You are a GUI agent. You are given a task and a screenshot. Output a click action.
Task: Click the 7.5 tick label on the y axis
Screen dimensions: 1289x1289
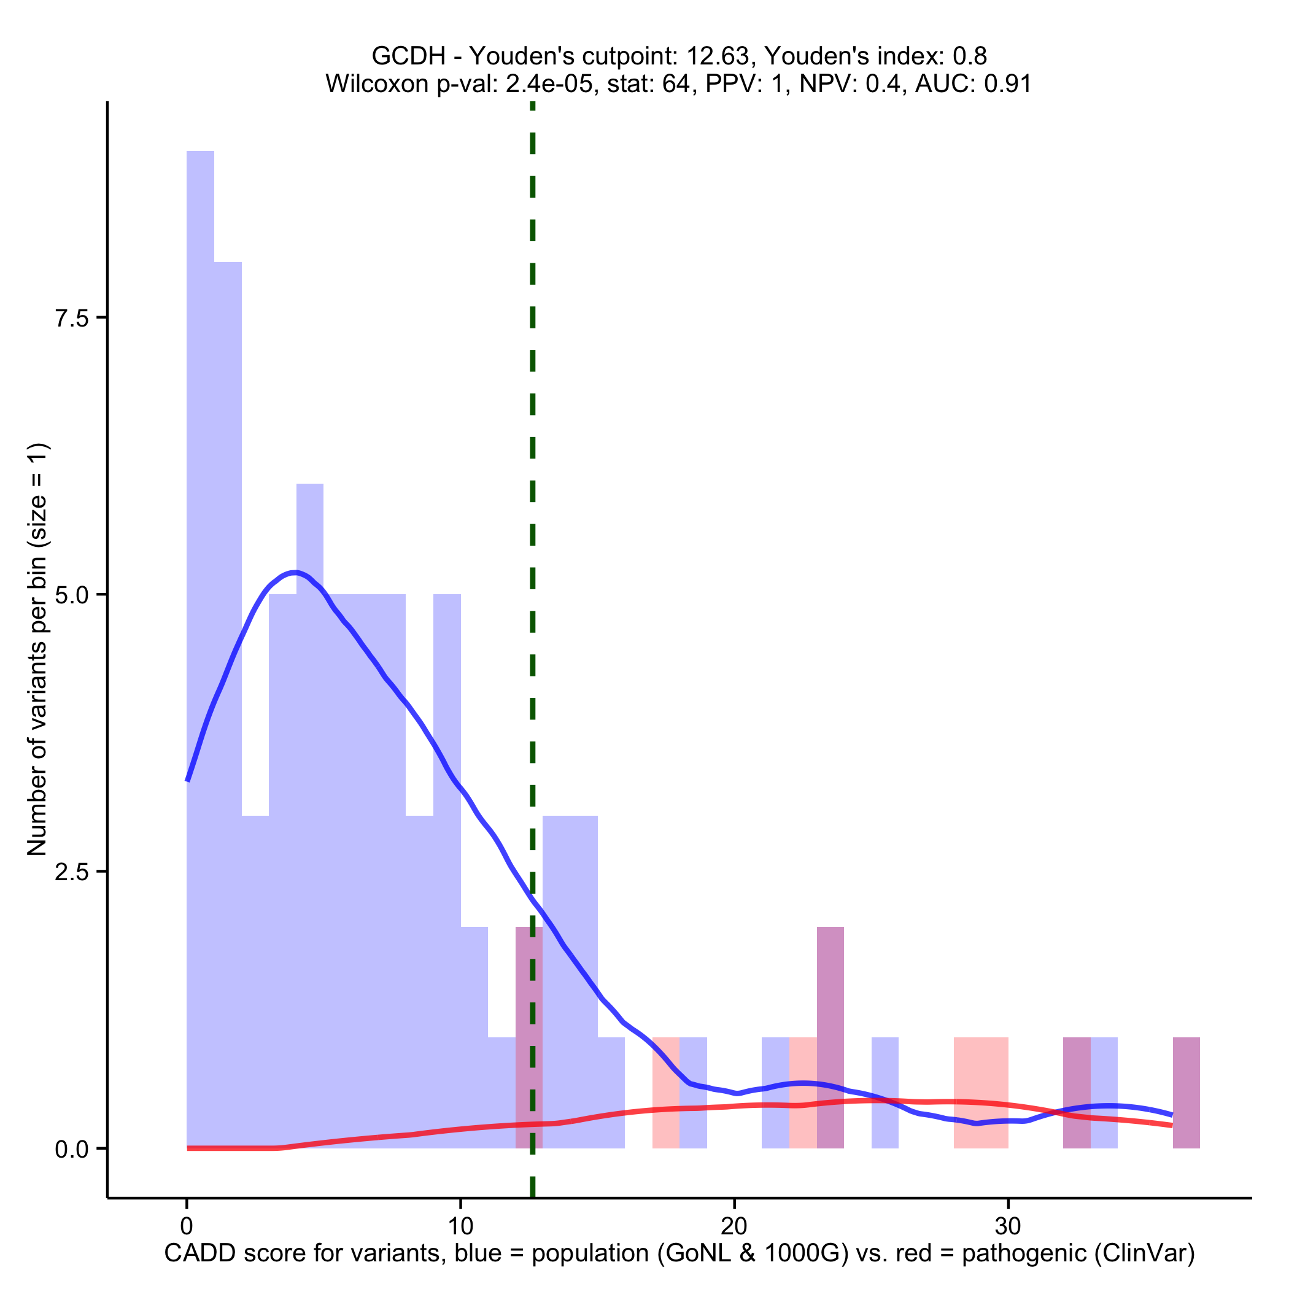tap(72, 318)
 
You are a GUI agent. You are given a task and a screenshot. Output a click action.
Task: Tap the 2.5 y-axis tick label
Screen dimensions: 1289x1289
tap(72, 872)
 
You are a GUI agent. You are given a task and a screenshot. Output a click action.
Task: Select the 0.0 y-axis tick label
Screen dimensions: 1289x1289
tap(72, 1149)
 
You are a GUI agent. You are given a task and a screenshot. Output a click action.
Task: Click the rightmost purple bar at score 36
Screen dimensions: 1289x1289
tap(1186, 1094)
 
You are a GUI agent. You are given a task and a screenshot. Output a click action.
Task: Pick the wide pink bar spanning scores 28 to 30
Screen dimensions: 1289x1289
tap(981, 1094)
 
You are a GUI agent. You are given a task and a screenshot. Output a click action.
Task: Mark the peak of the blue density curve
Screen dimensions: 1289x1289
tap(294, 572)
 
